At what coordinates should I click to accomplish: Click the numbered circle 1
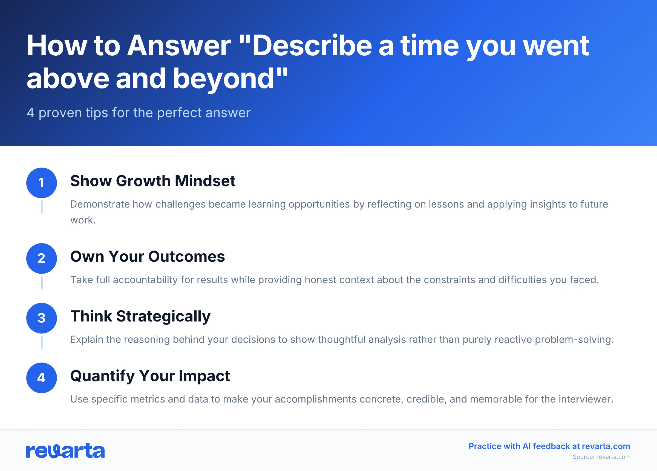(41, 183)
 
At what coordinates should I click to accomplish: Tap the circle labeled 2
(41, 259)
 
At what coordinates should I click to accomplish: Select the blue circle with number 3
(41, 318)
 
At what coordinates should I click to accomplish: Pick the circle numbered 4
(41, 378)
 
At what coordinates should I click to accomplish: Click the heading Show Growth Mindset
(153, 181)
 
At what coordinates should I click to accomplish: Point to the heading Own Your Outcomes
(148, 257)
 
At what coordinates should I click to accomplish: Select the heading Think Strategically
(140, 317)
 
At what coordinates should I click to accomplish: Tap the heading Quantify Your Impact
(150, 376)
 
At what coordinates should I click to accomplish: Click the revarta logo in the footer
(65, 451)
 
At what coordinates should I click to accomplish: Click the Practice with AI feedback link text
(549, 446)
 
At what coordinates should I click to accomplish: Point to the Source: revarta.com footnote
(601, 457)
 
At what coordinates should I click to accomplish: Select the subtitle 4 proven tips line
(139, 113)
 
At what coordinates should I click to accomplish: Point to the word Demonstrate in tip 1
(100, 204)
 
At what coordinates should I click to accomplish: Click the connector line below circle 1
(42, 207)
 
